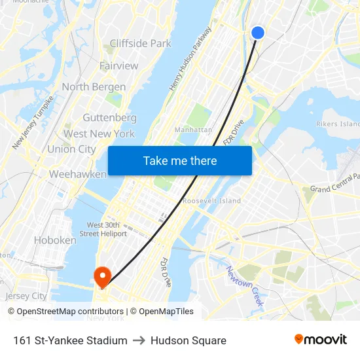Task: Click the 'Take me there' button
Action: coord(180,160)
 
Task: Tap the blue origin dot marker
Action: coord(258,33)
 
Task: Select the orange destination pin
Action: coord(103,276)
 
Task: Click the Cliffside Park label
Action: coord(140,44)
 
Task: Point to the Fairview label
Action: coord(118,65)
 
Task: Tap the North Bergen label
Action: coord(94,87)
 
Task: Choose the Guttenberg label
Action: coord(109,118)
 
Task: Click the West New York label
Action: coord(99,134)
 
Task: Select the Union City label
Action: coord(71,149)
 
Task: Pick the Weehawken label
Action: coord(77,175)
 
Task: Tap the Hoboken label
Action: coord(55,240)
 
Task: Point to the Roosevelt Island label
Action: coord(211,201)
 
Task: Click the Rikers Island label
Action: coord(338,124)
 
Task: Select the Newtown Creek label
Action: coord(245,286)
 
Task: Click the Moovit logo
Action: coord(320,340)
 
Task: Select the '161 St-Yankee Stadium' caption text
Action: coord(70,340)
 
